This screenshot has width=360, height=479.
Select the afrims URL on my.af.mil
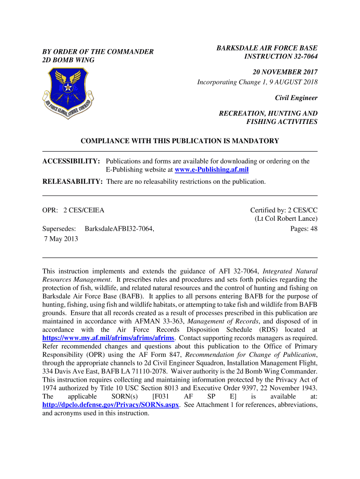click(108, 338)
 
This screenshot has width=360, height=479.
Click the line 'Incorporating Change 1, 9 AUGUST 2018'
click(257, 82)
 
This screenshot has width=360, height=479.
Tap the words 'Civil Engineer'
click(296, 98)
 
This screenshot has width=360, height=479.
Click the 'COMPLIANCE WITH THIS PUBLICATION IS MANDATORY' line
click(180, 141)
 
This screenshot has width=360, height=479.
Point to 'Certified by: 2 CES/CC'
click(284, 210)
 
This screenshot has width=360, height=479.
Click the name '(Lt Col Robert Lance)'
click(286, 219)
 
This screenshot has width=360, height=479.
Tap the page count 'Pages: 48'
click(304, 229)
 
